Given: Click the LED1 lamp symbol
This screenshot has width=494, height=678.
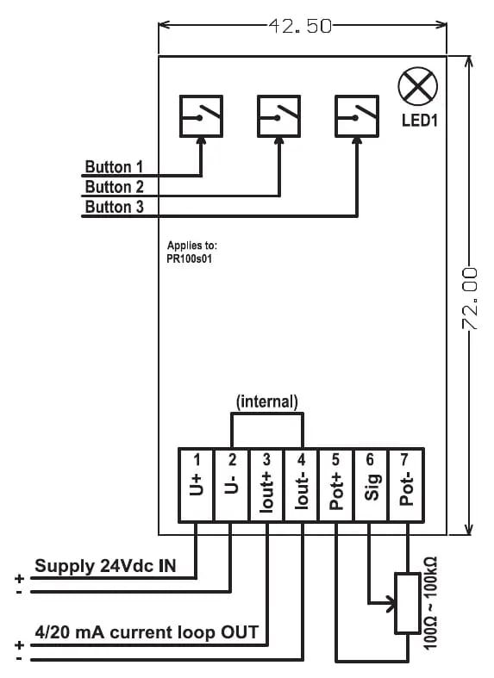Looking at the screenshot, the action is pyautogui.click(x=417, y=86).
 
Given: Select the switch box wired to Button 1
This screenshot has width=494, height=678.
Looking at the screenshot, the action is pyautogui.click(x=201, y=116).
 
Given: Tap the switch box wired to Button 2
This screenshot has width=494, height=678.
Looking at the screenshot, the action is pyautogui.click(x=279, y=116).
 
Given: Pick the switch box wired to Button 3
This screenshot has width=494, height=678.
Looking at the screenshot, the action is pyautogui.click(x=357, y=116).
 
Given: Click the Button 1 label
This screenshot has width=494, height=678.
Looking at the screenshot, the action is pyautogui.click(x=114, y=167).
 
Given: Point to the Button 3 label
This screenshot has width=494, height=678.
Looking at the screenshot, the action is pyautogui.click(x=114, y=207).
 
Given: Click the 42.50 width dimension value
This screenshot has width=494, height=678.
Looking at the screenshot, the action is pyautogui.click(x=300, y=26).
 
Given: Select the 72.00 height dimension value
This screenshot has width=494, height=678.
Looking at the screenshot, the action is pyautogui.click(x=469, y=299).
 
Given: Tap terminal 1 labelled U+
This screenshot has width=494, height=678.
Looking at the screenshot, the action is pyautogui.click(x=196, y=485).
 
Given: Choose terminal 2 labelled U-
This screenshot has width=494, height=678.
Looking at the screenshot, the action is pyautogui.click(x=231, y=485).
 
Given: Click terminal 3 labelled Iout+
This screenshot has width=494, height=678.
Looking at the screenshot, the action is pyautogui.click(x=266, y=485).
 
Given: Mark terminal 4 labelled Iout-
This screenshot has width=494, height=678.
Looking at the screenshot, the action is pyautogui.click(x=301, y=485).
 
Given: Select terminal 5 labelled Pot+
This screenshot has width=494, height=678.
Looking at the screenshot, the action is pyautogui.click(x=336, y=485).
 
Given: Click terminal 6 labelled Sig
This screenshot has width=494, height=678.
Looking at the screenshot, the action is pyautogui.click(x=372, y=485).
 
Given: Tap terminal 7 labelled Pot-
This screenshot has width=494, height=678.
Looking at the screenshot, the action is pyautogui.click(x=406, y=485).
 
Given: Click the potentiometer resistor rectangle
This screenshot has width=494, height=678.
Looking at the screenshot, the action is pyautogui.click(x=408, y=604).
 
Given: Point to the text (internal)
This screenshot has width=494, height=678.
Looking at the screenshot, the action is pyautogui.click(x=267, y=401).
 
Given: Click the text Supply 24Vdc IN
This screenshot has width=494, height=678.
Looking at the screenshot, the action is pyautogui.click(x=105, y=566).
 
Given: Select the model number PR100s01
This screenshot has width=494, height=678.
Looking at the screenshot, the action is pyautogui.click(x=190, y=259).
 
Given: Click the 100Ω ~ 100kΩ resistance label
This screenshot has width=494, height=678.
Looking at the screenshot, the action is pyautogui.click(x=430, y=603).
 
